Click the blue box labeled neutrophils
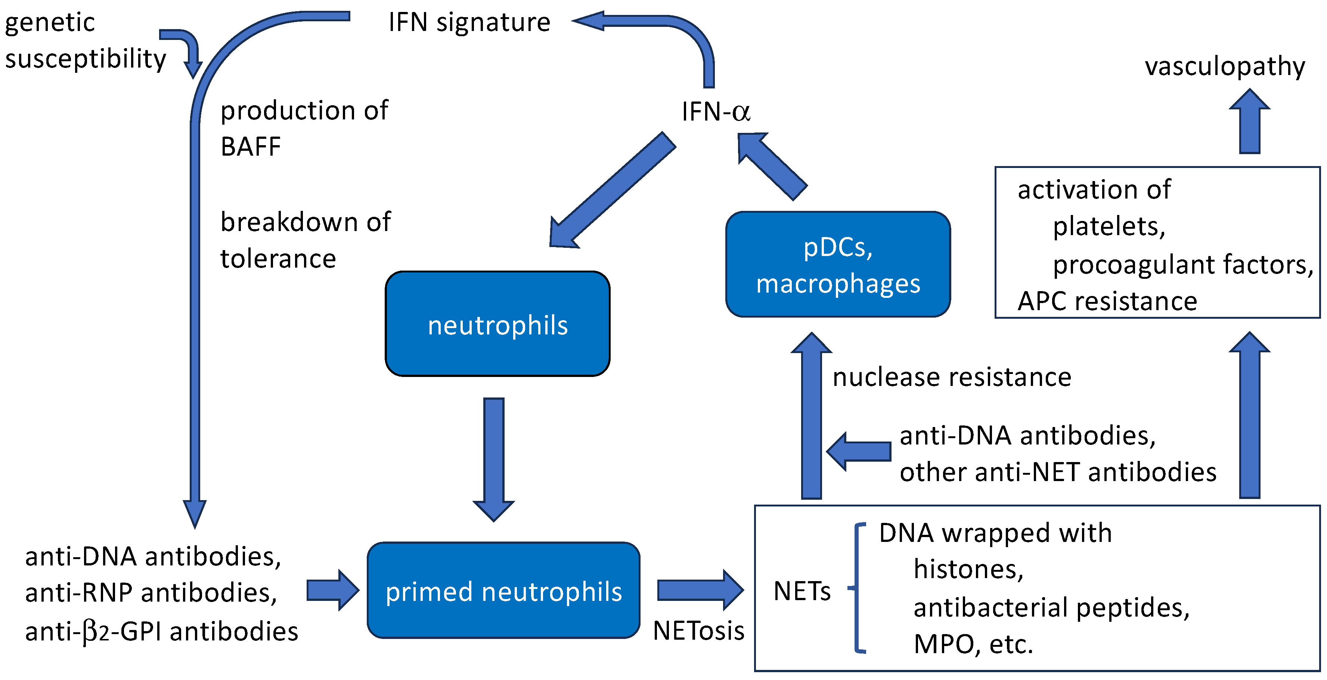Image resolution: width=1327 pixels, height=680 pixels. point(497,324)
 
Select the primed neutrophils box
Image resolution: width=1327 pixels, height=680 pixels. point(503,590)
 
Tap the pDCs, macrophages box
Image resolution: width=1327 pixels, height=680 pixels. point(838,265)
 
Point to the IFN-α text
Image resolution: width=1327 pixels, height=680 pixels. point(716,111)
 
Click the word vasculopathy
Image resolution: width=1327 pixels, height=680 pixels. point(1225,66)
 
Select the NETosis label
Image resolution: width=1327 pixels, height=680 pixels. point(698,631)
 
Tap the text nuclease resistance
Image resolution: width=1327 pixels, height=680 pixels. point(952,377)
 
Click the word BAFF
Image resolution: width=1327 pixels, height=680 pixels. point(251,147)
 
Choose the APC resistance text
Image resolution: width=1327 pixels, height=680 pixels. point(1107,301)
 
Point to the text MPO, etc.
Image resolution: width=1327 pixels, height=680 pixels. point(973,644)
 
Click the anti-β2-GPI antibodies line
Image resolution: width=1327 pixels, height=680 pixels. point(161,631)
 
